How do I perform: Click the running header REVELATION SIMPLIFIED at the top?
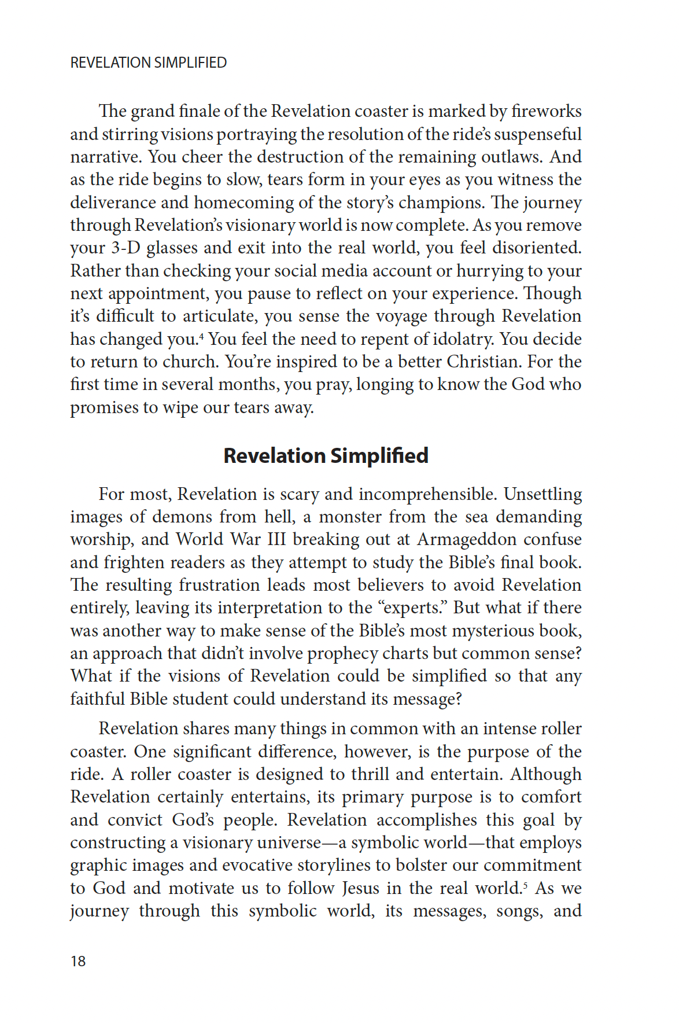click(148, 62)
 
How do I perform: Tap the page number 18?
click(78, 961)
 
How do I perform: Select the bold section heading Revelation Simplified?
click(326, 456)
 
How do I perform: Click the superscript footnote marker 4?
click(201, 335)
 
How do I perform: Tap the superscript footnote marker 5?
click(525, 884)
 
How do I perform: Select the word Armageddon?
click(467, 539)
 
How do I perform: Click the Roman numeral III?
click(277, 539)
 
